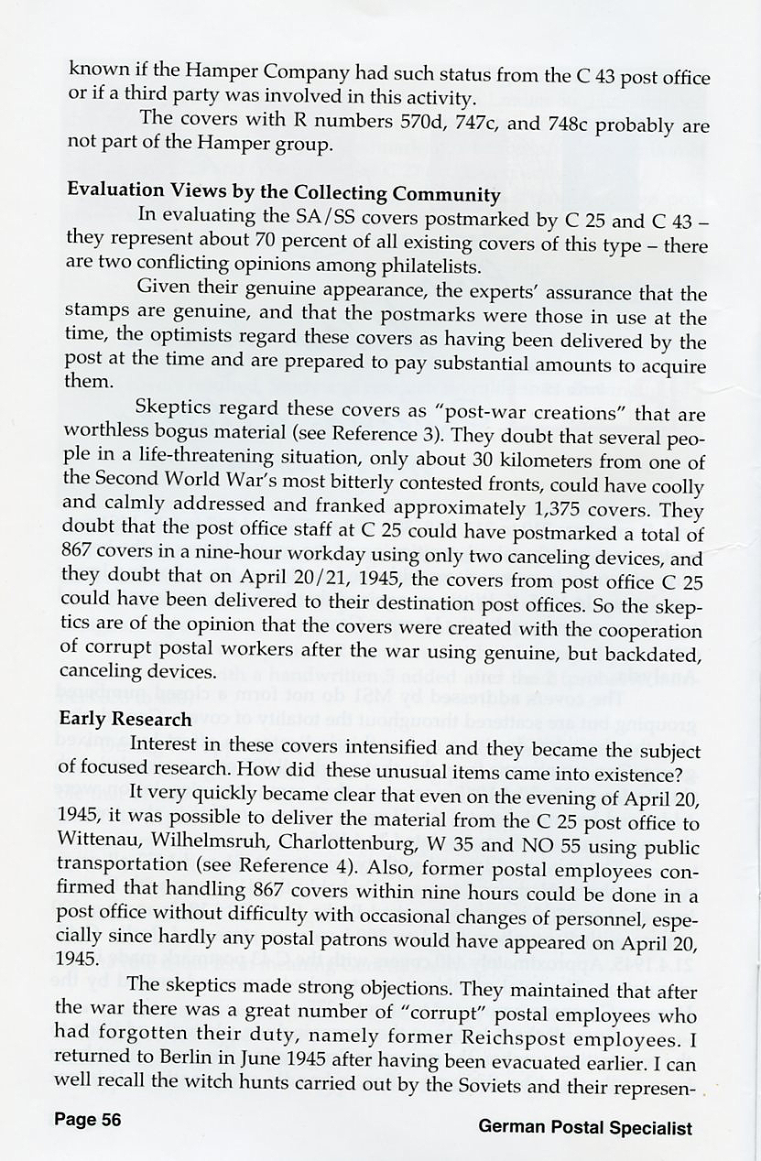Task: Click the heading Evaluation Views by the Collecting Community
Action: click(284, 193)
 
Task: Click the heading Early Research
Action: click(125, 719)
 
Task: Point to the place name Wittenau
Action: click(103, 839)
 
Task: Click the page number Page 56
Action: click(87, 1120)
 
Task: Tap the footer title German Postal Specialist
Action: click(585, 1127)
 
